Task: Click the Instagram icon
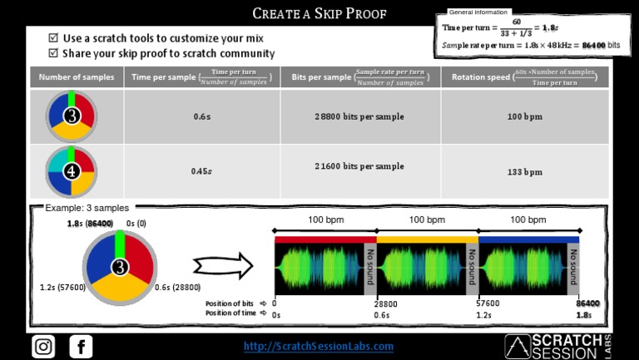pyautogui.click(x=43, y=346)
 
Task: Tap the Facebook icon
pyautogui.click(x=81, y=346)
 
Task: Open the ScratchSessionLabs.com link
pyautogui.click(x=318, y=346)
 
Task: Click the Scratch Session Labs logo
pyautogui.click(x=558, y=346)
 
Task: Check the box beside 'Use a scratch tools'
pyautogui.click(x=54, y=38)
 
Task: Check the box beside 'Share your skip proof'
pyautogui.click(x=54, y=53)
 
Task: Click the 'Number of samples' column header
pyautogui.click(x=77, y=77)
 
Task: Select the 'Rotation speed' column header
pyautogui.click(x=524, y=77)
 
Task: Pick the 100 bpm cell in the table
pyautogui.click(x=524, y=116)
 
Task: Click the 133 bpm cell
pyautogui.click(x=524, y=172)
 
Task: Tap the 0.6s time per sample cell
pyautogui.click(x=201, y=116)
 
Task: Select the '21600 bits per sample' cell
pyautogui.click(x=359, y=166)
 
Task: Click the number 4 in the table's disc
pyautogui.click(x=72, y=172)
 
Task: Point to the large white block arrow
pyautogui.click(x=222, y=266)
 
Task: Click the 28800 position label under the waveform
pyautogui.click(x=385, y=304)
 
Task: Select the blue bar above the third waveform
pyautogui.click(x=529, y=239)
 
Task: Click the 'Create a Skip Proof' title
pyautogui.click(x=319, y=13)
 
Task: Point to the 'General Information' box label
pyautogui.click(x=478, y=12)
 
